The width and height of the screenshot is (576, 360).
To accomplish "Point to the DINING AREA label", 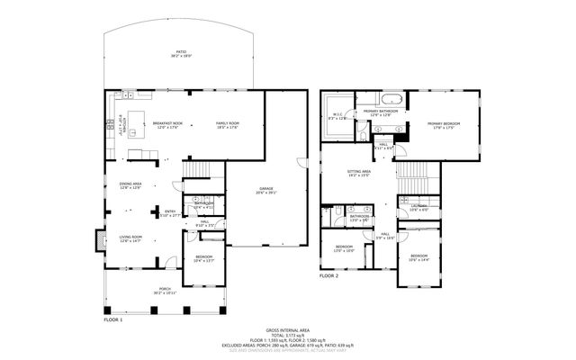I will click(130, 185).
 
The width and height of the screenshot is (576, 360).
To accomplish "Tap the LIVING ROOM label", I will click(131, 238).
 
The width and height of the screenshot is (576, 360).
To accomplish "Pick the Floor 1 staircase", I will click(195, 172).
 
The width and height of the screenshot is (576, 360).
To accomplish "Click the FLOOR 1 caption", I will click(112, 320).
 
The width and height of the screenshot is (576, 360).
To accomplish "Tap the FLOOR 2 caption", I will click(329, 276).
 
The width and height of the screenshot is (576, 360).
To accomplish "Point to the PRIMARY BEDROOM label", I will click(445, 125).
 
